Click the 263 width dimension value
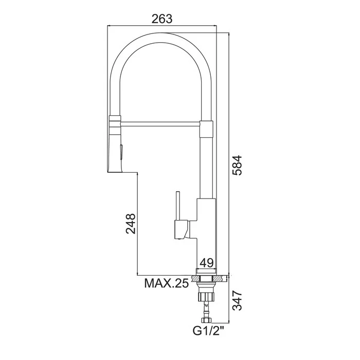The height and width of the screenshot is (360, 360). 162,19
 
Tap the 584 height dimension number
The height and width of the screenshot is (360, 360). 237,166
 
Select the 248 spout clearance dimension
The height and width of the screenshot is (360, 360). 131,224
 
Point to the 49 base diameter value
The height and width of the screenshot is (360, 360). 207,263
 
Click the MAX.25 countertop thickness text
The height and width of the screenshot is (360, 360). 167,284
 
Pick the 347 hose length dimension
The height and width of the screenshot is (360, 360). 237,300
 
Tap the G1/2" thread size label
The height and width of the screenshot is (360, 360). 208,331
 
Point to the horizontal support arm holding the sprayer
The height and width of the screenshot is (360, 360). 160,124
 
